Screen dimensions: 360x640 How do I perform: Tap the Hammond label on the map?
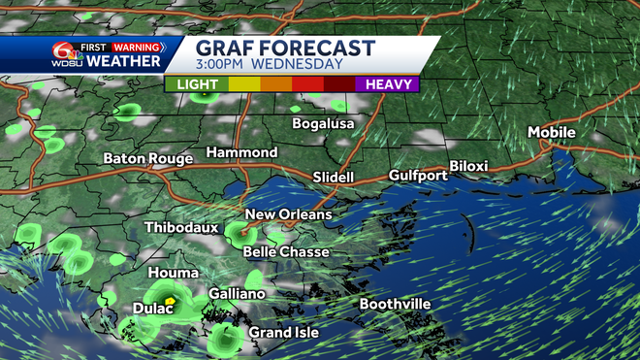pos(241,153)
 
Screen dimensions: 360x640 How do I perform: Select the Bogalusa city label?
pos(324,124)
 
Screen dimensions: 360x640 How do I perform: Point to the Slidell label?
pos(334,178)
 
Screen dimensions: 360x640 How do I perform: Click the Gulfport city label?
pos(418,176)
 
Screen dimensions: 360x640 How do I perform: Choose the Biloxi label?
pos(469,167)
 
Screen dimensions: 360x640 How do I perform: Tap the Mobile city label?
pos(551,132)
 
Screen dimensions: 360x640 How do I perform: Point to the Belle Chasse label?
pos(286,252)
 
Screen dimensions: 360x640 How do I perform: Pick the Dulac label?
pos(152,310)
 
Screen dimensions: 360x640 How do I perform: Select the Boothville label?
pos(395,304)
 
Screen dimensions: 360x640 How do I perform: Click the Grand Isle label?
pos(283,333)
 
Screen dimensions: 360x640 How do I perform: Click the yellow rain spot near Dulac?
pos(170,302)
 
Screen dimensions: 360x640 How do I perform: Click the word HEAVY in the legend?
pos(390,84)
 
